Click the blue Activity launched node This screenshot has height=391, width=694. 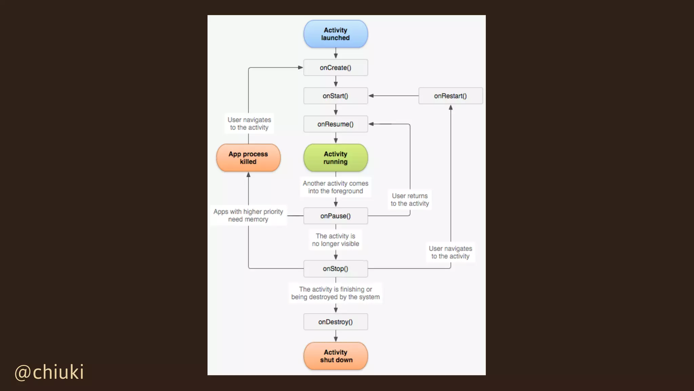[x=335, y=34]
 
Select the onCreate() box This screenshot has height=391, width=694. [x=335, y=68]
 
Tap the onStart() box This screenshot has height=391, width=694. [x=335, y=96]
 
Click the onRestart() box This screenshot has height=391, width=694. [x=450, y=96]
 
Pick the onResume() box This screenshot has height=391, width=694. [x=335, y=124]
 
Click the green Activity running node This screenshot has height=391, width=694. [x=335, y=158]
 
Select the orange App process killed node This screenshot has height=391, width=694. [x=248, y=158]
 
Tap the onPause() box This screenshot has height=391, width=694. [x=335, y=216]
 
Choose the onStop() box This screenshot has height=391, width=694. [x=335, y=269]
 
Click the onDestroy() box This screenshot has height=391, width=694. [x=335, y=322]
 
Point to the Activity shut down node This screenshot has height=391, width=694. [x=335, y=356]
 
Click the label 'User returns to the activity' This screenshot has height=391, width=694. [x=410, y=200]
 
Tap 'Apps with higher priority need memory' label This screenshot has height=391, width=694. [x=248, y=216]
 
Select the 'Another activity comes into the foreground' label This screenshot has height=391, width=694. [x=335, y=187]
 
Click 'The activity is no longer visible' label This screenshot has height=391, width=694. [x=335, y=240]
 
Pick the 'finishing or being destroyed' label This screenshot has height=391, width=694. [x=335, y=293]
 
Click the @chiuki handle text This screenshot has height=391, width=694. [x=49, y=372]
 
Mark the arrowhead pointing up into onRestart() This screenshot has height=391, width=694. [x=451, y=108]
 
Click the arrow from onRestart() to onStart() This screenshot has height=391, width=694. [x=393, y=96]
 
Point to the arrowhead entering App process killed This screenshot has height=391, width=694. [x=248, y=175]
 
